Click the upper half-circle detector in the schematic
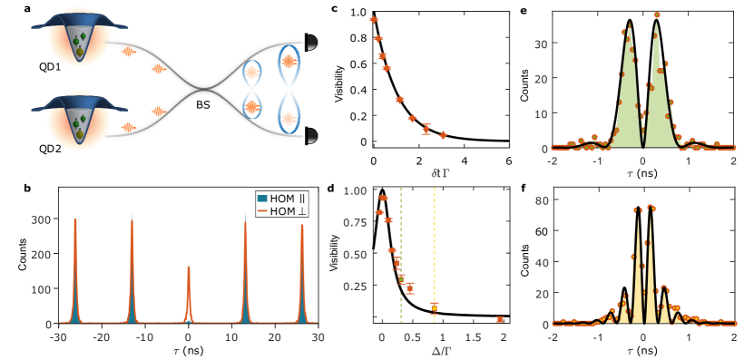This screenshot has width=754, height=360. click(311, 42)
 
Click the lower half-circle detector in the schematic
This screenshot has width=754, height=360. click(311, 136)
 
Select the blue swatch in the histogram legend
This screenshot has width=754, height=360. click(262, 198)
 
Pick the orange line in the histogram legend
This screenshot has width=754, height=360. click(262, 209)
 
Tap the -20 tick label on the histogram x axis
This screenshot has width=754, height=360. click(102, 336)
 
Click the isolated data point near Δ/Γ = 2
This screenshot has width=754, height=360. click(500, 319)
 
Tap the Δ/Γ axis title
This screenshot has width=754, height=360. click(442, 348)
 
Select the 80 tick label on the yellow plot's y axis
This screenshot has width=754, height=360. click(542, 200)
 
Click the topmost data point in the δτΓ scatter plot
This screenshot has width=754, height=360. click(373, 19)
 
